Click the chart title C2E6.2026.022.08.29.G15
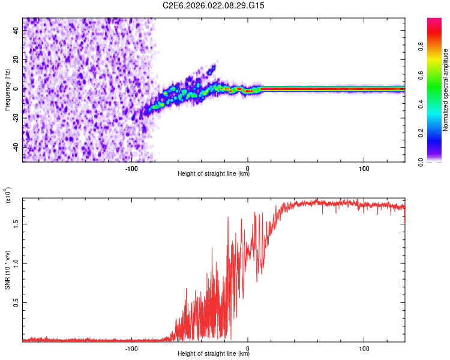214,5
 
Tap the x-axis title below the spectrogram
214,174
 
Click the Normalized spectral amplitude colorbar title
446,90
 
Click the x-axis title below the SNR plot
214,354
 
